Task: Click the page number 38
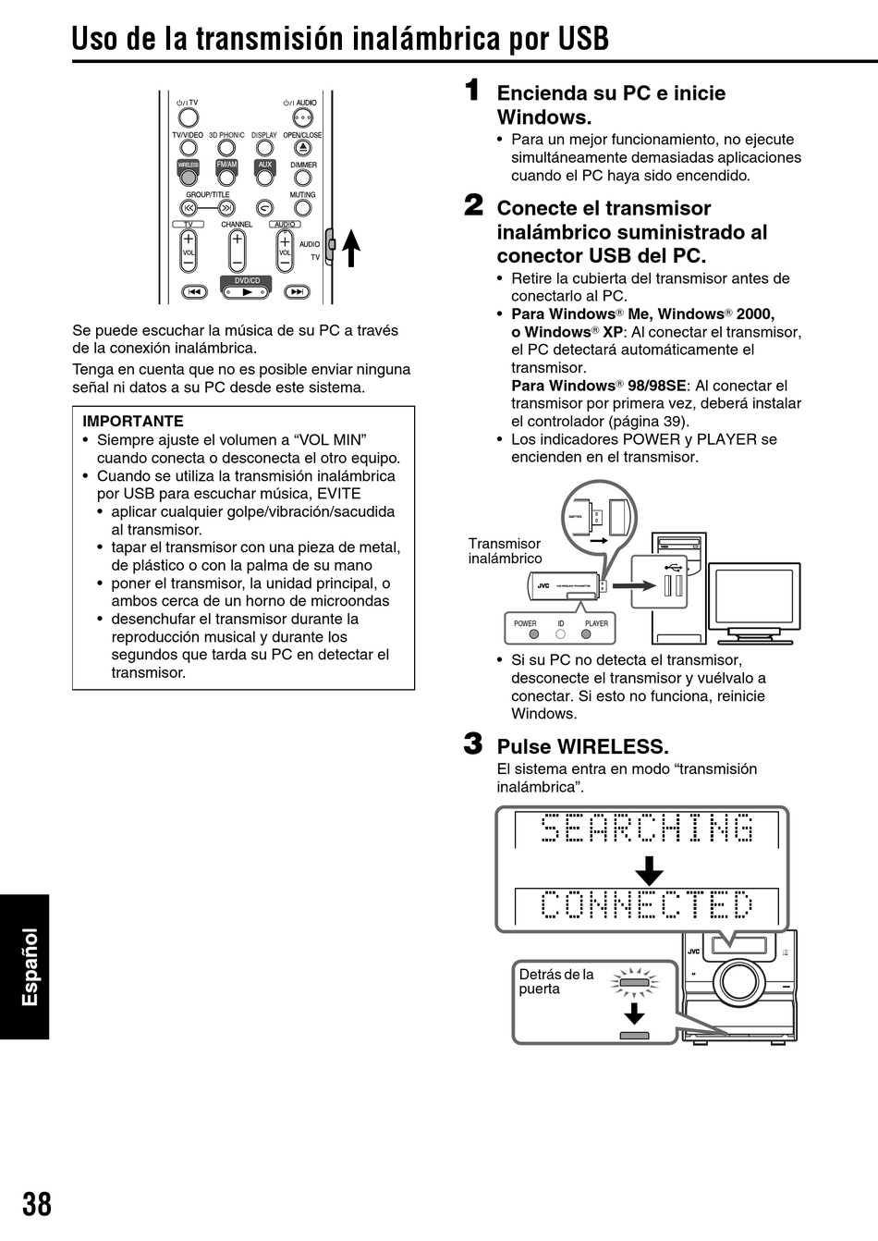coord(37,1204)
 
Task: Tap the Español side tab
coord(30,966)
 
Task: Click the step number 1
coord(472,91)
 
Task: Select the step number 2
coord(472,205)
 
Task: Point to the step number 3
coord(472,743)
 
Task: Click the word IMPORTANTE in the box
coord(133,421)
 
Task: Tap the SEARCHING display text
coord(646,829)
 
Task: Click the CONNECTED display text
coord(646,905)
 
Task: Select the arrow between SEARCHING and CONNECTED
coord(649,870)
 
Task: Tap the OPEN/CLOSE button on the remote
coord(302,148)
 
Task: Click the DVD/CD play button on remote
coord(246,292)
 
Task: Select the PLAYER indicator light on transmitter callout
coord(586,635)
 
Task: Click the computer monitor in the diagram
coord(754,597)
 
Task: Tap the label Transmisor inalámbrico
coord(505,551)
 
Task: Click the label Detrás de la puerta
coord(555,981)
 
